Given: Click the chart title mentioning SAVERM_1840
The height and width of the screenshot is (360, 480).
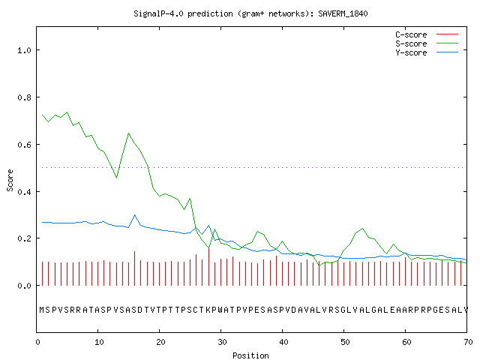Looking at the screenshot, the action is point(250,13).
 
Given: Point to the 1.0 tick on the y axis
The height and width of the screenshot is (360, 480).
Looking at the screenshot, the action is point(25,50).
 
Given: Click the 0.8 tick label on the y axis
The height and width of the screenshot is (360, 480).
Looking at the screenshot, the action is point(25,97).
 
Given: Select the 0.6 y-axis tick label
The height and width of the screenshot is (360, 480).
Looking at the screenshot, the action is point(25,145).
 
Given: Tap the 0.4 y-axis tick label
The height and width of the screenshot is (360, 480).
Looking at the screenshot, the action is point(25,192).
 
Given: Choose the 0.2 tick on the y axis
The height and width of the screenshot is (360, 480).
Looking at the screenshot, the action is point(25,238).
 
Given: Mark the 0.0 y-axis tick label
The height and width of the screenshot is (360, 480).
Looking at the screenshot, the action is point(25,286).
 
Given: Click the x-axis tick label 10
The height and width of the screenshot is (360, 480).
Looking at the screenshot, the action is point(99,342).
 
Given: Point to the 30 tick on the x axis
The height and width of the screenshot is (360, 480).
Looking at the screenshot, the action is point(222,342).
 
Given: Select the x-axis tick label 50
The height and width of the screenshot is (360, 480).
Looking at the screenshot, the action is point(345,342).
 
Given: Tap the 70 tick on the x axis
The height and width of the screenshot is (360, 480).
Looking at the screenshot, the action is point(468,342).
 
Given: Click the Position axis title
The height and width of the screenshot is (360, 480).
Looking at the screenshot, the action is point(250,355).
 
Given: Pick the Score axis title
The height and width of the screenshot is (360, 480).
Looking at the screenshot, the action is point(10,180).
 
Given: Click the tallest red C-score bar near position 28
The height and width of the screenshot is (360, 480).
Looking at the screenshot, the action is point(208,267).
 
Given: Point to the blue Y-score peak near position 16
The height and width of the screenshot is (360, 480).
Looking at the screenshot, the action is point(135,215).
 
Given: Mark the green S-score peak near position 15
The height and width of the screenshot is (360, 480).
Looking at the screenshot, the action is point(128,133).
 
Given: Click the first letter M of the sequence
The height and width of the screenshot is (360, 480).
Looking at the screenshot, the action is point(42,310).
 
